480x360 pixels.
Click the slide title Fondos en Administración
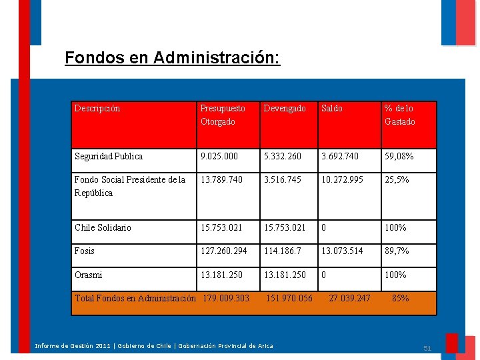(x=172, y=58)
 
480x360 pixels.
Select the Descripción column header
(x=97, y=109)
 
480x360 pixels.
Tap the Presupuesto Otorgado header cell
(x=223, y=115)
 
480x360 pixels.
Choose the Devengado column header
(x=285, y=109)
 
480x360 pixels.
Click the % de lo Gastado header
(x=399, y=115)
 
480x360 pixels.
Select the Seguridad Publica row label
(x=109, y=157)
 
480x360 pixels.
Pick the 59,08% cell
(x=399, y=157)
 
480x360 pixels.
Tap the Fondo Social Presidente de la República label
(x=130, y=186)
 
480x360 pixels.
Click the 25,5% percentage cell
(x=397, y=180)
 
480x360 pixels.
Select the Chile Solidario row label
(x=103, y=228)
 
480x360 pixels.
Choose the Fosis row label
(x=85, y=251)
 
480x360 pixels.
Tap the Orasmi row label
(x=89, y=275)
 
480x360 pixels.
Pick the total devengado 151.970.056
(x=289, y=299)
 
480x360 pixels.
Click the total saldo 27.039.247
(x=349, y=299)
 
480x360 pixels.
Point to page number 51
(x=427, y=348)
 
